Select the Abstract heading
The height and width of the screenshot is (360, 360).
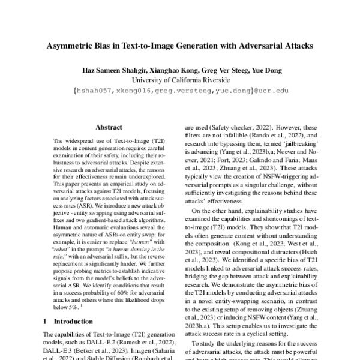[109, 127]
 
